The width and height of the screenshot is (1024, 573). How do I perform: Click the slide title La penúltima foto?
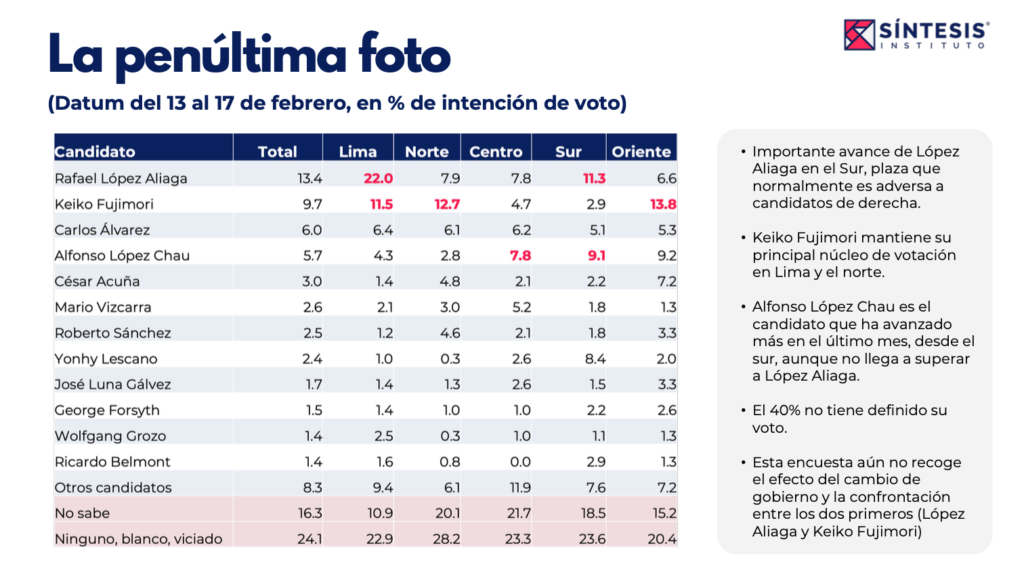point(249,55)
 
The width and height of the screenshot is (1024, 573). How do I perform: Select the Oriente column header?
point(641,152)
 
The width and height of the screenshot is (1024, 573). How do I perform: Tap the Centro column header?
point(496,152)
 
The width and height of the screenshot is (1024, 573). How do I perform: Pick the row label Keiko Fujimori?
point(103,204)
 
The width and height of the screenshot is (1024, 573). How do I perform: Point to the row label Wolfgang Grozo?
point(110,436)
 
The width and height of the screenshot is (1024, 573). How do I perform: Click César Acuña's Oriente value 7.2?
point(665,281)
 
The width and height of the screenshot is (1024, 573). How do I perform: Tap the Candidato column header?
point(95,152)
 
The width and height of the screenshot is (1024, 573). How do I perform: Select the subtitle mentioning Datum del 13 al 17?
point(336,103)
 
